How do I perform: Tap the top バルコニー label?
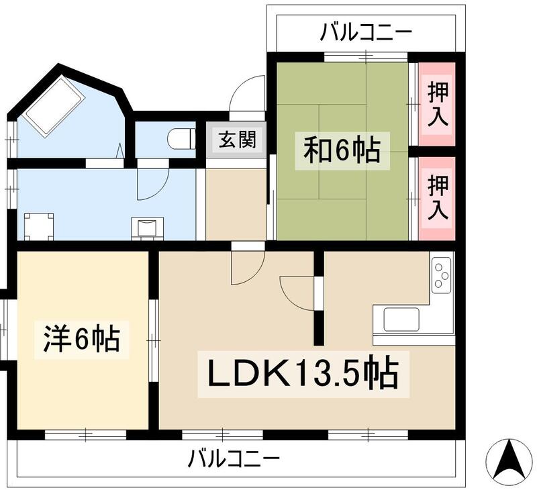365,31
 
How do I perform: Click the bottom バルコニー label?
233,460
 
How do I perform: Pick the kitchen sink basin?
401,317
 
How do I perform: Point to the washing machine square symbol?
38,226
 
